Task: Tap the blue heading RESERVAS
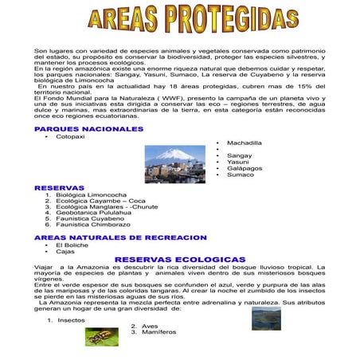point(59,188)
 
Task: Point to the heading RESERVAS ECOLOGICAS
point(180,260)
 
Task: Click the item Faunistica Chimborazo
point(92,225)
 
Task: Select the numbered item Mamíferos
point(158,332)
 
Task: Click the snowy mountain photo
point(174,164)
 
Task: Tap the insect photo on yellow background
point(102,337)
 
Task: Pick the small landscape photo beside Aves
point(267,319)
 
